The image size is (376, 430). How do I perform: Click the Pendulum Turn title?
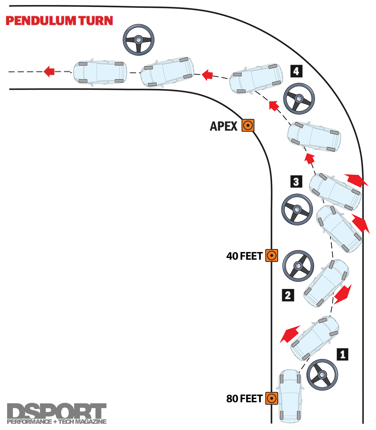point(59,21)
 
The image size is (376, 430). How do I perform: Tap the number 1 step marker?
point(342,354)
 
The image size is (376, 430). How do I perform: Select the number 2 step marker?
point(288,295)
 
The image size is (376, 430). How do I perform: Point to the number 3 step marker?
point(296,182)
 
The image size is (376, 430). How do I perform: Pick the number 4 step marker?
point(296,71)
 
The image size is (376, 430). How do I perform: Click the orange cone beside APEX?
point(248,125)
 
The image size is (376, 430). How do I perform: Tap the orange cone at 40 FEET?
point(271,256)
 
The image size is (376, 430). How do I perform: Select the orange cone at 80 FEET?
point(271,398)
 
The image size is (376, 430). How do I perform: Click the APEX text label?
point(224,126)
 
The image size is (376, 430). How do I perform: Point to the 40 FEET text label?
point(244,256)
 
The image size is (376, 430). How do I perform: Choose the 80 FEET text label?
point(244,399)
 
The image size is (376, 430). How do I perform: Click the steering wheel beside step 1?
point(322,375)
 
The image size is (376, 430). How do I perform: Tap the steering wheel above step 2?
point(298,266)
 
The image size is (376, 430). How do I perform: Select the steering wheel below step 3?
point(297,210)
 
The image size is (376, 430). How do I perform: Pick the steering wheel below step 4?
point(299,99)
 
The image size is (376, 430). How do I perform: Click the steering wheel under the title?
point(138,40)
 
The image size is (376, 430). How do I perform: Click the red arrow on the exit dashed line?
point(49,71)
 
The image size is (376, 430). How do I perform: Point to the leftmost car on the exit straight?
point(100,73)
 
